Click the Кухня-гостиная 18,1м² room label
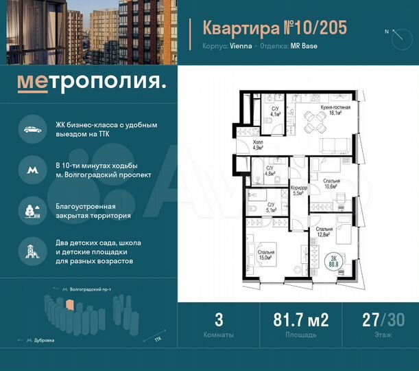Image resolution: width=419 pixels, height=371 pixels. tap(335, 111)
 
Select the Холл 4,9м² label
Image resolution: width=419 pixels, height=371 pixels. tap(258, 144)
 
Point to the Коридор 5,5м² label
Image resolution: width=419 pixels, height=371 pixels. tap(298, 190)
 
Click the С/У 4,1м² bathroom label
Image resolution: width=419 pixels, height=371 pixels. tap(274, 112)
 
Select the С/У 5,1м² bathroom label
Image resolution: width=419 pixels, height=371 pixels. tap(272, 207)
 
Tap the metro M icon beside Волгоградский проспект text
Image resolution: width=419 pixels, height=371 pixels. tap(32, 169)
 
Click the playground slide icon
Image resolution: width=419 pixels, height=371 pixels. tap(32, 250)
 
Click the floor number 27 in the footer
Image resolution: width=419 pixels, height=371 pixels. tap(370, 320)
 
